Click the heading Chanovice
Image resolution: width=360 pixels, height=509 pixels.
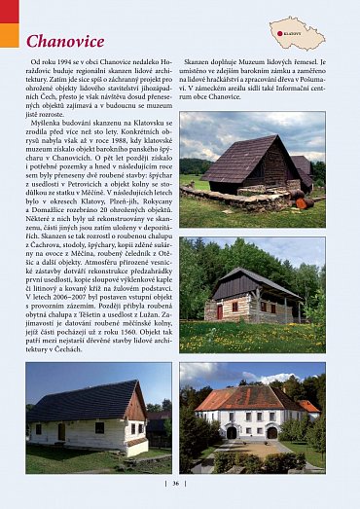65,41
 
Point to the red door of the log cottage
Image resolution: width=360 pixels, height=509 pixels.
220,311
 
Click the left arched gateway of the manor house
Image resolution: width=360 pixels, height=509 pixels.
231,431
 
